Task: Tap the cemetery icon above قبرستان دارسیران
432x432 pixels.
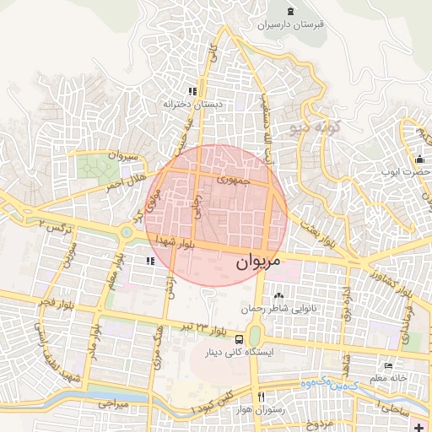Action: click(x=291, y=10)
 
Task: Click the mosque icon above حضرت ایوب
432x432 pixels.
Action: click(x=418, y=158)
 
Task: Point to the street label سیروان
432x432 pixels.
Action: click(x=122, y=157)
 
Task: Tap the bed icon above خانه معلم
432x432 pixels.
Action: click(x=388, y=365)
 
